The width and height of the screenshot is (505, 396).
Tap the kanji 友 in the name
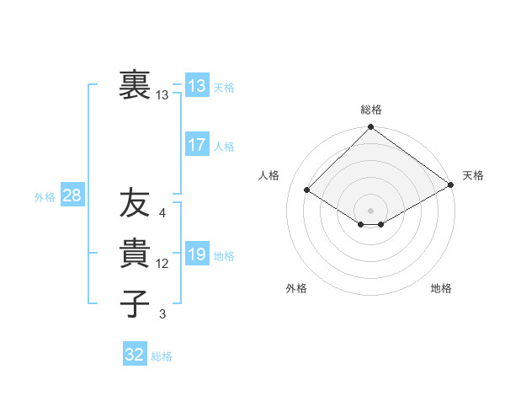coord(134,203)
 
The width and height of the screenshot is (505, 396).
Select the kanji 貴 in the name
coord(134,254)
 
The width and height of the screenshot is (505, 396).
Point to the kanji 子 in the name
coord(134,304)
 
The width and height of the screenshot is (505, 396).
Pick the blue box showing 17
coord(196,144)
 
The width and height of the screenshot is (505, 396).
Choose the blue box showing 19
coord(196,254)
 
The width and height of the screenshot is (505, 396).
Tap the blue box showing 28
coord(72,196)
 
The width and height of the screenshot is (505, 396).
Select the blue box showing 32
coord(134,355)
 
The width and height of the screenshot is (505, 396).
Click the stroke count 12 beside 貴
coord(162,264)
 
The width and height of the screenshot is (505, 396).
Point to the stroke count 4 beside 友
coord(162,213)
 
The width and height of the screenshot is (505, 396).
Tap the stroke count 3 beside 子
coord(162,314)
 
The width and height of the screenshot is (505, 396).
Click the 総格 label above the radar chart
coord(370,110)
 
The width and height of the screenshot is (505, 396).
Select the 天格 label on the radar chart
coord(473,175)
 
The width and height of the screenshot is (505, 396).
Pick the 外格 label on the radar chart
coord(296,289)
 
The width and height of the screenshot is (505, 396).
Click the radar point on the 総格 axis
coord(370,128)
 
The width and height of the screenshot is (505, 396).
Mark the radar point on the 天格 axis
coord(451,184)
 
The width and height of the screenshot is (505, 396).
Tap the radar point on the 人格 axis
coord(307,190)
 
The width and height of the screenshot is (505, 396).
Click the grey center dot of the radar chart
coord(370,210)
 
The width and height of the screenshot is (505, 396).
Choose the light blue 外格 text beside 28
coord(45,197)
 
